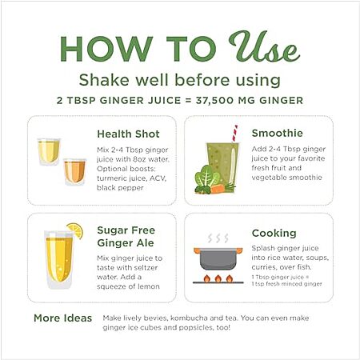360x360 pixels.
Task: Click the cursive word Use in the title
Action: pyautogui.click(x=264, y=46)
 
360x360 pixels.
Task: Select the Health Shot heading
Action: pyautogui.click(x=128, y=134)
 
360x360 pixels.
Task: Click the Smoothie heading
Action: pyautogui.click(x=278, y=133)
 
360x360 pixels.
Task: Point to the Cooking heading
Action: pyautogui.click(x=274, y=233)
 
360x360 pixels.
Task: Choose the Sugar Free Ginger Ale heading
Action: pyautogui.click(x=126, y=237)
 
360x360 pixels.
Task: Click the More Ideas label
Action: pyautogui.click(x=63, y=318)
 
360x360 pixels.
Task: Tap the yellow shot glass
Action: pyautogui.click(x=49, y=151)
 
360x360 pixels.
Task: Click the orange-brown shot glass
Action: pyautogui.click(x=75, y=171)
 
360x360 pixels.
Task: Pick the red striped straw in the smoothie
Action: pyautogui.click(x=234, y=134)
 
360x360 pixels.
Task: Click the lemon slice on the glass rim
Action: pyautogui.click(x=75, y=230)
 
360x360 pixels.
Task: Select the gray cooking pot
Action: pyautogui.click(x=218, y=258)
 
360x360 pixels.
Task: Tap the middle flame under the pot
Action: pyautogui.click(x=218, y=278)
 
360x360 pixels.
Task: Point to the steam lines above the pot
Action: pyautogui.click(x=218, y=238)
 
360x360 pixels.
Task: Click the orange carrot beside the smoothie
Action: pyautogui.click(x=218, y=189)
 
